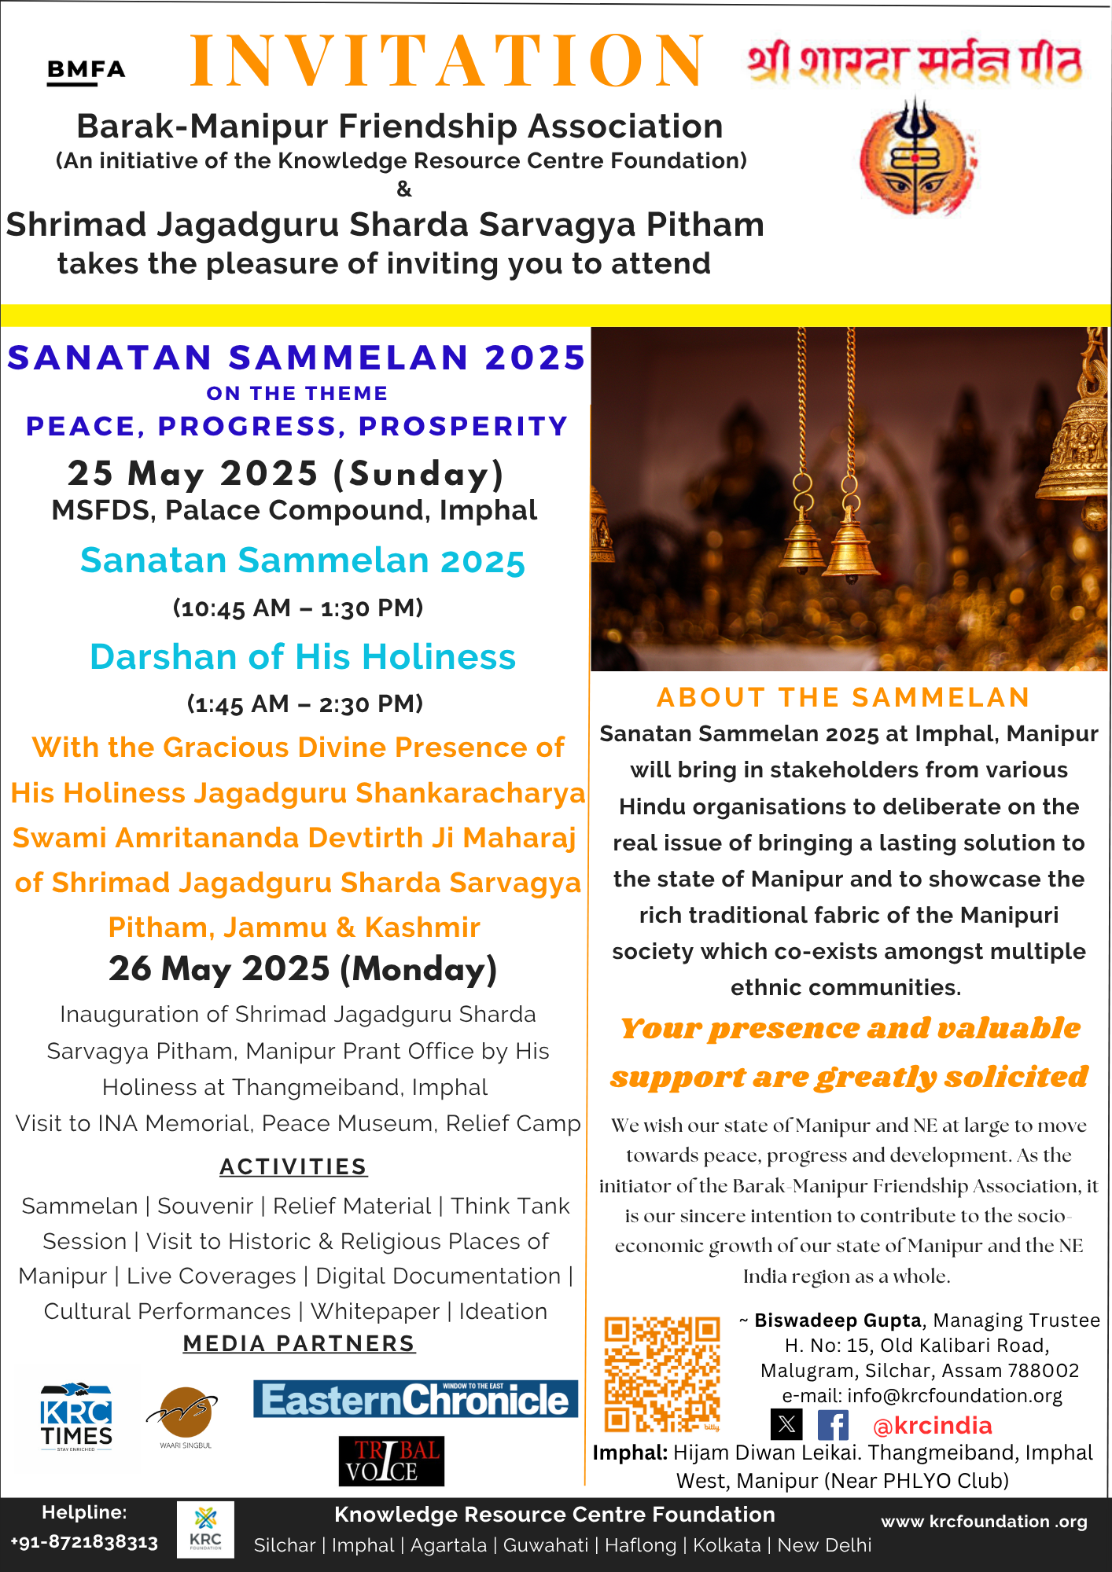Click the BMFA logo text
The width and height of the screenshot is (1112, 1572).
86,71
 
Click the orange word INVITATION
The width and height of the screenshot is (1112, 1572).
447,61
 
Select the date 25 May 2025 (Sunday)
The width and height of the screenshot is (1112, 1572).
285,473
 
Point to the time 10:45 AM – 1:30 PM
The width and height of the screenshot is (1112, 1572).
298,608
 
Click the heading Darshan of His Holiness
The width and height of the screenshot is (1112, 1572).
303,656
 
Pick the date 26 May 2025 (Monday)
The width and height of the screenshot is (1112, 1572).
303,968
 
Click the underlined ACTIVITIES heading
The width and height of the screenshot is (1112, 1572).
293,1166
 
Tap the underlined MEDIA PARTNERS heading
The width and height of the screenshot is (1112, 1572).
299,1343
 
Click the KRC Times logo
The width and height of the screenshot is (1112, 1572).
76,1416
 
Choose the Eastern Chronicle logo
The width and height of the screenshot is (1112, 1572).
415,1399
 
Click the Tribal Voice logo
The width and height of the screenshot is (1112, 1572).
391,1461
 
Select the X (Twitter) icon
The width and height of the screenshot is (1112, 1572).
786,1424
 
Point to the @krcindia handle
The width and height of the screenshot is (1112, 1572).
932,1425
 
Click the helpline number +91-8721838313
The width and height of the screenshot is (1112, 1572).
84,1541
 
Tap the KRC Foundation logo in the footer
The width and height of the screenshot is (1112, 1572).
205,1529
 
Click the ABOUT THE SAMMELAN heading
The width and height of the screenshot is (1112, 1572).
843,697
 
